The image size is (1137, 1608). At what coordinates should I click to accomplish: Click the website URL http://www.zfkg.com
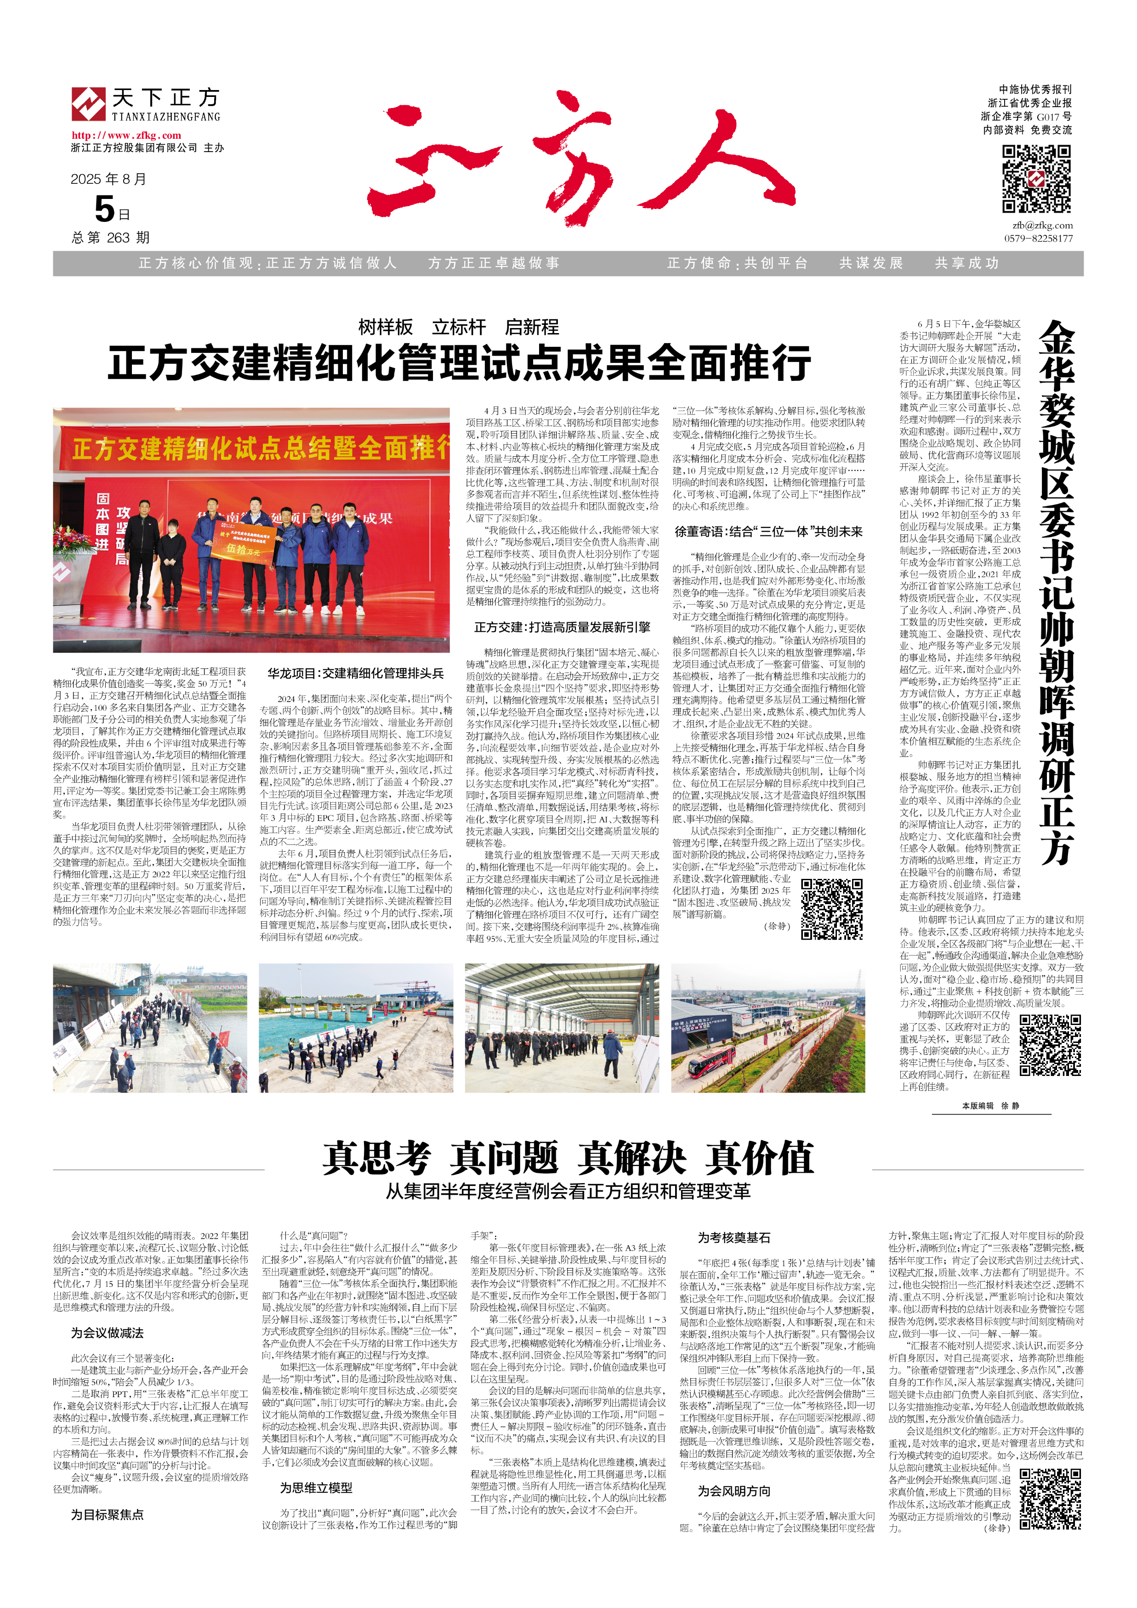126,135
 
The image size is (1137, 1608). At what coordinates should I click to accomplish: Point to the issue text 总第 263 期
111,238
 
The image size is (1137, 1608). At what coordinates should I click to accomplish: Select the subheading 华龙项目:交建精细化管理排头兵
355,673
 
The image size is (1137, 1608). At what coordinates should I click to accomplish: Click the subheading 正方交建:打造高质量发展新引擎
562,627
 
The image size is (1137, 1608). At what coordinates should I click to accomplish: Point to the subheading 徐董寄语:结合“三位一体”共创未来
768,532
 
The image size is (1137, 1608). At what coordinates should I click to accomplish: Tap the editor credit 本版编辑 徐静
990,1105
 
